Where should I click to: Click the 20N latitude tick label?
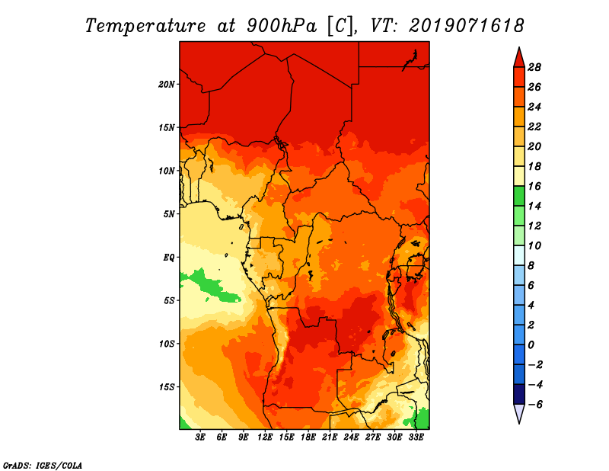(x=166, y=85)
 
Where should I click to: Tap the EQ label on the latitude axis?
(x=169, y=258)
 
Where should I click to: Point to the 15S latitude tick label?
(x=166, y=387)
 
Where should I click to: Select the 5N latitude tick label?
(x=169, y=214)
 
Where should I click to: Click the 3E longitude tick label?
(x=200, y=437)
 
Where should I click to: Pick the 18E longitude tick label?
(x=308, y=437)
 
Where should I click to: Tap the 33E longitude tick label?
(x=416, y=437)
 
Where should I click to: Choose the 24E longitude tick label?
(x=351, y=437)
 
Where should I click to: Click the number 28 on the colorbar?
(x=534, y=67)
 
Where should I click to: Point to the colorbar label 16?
(x=534, y=186)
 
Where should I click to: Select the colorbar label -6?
(x=535, y=405)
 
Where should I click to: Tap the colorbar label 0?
(x=531, y=345)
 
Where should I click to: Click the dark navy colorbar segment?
(x=519, y=394)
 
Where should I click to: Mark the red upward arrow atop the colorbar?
(x=519, y=59)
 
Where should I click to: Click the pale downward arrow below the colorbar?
(x=519, y=413)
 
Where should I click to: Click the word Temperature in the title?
(x=145, y=26)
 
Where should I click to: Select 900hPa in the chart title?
(x=282, y=26)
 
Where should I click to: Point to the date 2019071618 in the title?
(x=467, y=26)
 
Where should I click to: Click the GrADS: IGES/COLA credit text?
(x=43, y=466)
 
